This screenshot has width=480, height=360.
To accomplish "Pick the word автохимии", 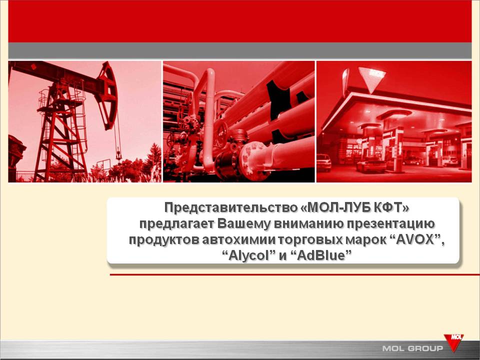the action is tap(239, 239).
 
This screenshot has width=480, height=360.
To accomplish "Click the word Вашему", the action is tap(244, 224).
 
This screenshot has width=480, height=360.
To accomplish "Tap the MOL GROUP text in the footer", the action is tap(412, 348).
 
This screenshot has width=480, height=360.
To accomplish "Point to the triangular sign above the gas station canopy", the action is tap(372, 79).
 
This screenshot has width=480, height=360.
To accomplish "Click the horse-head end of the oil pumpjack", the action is tap(107, 95).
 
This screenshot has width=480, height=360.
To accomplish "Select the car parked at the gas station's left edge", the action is tap(323, 162).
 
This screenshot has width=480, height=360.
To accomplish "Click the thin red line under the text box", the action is tap(295, 274).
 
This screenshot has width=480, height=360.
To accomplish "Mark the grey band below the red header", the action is tap(239, 50).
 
